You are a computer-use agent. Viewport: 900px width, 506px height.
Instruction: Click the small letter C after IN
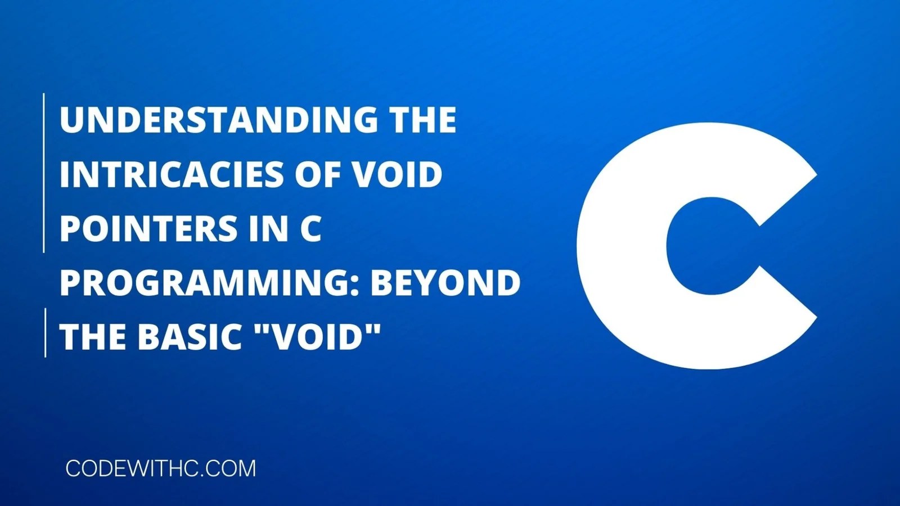pos(310,228)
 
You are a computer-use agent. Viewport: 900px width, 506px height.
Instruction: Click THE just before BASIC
pos(93,337)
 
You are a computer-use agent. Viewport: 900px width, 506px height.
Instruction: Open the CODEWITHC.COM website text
pos(160,469)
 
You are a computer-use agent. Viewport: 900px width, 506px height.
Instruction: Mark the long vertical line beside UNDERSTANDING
pos(44,173)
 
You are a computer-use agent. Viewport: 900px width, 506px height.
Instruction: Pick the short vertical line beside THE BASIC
pos(45,332)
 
